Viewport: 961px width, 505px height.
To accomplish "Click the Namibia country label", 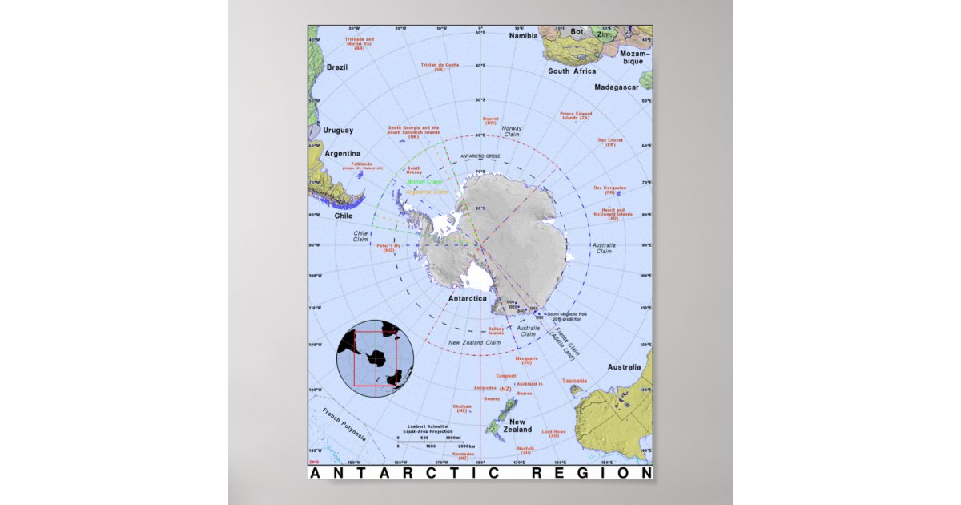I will pos(524,36).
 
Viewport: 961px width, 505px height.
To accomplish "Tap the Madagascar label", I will pos(617,87).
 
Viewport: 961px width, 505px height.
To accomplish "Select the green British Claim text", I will pos(424,182).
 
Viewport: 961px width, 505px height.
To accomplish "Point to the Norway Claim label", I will pos(511,131).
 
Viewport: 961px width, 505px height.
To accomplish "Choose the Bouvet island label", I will pos(490,120).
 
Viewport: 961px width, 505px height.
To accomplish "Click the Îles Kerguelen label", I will pos(609,190).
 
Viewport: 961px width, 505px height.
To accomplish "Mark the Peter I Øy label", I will pos(388,248).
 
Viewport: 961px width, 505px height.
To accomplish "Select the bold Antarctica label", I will pos(467,298).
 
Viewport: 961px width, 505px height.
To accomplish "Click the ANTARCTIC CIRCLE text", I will pos(480,156).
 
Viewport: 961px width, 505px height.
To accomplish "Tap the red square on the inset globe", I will pos(375,359).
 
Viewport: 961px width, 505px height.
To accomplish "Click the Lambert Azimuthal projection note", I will pos(430,428).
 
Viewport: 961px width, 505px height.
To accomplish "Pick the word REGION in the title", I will pos(592,473).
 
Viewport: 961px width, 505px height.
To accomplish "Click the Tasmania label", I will pos(574,380).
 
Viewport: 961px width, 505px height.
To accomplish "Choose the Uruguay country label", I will pos(338,130).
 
